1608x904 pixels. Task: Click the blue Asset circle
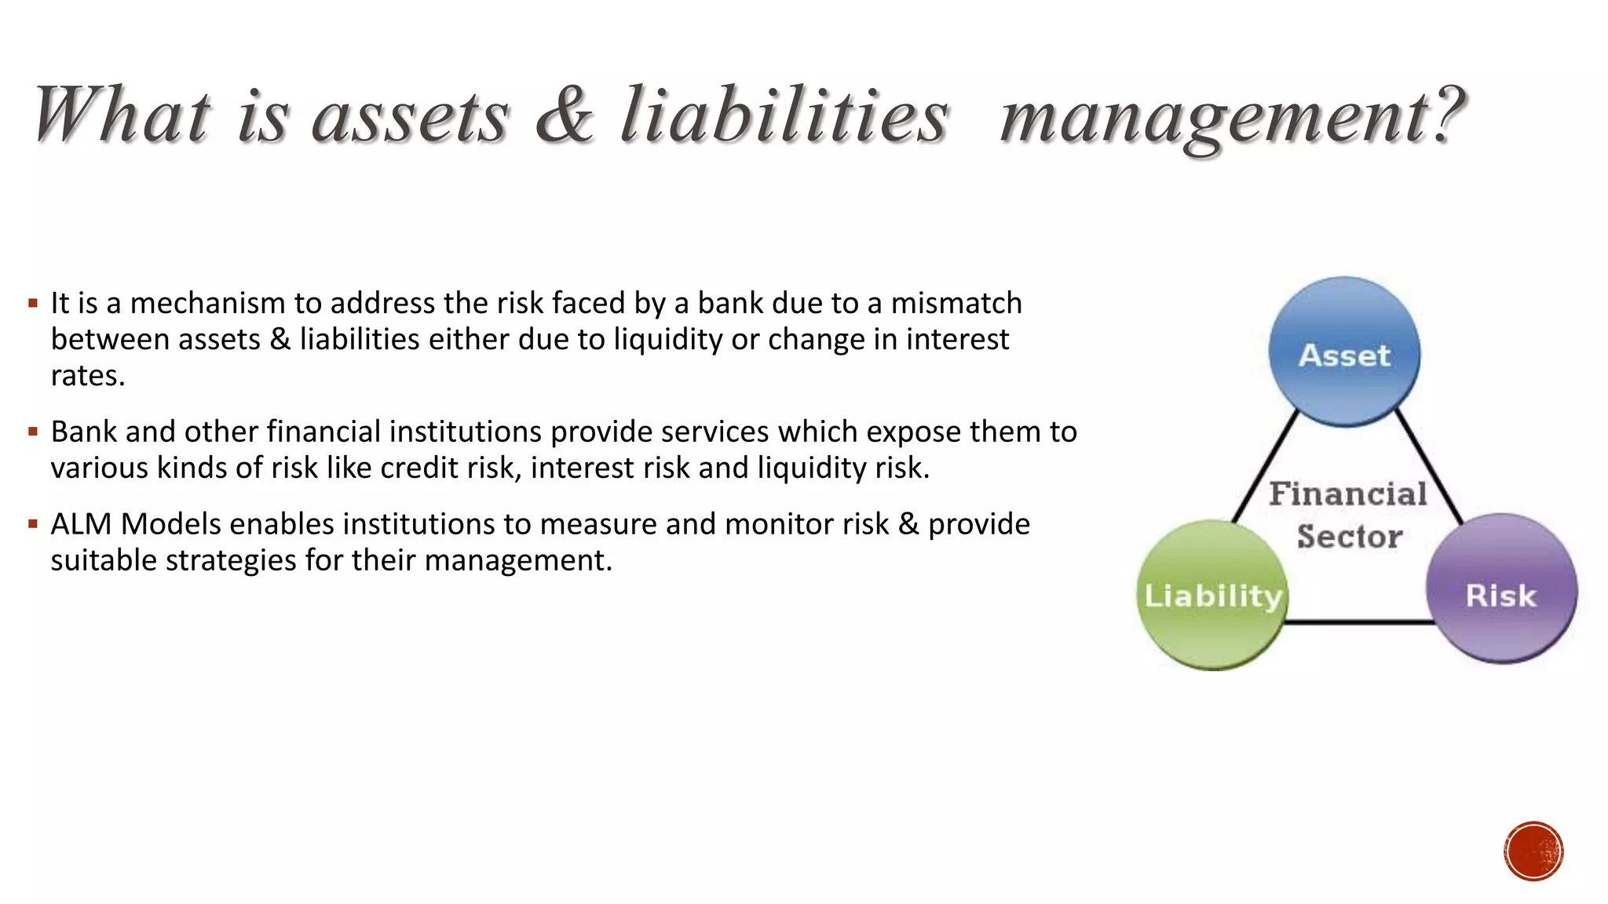pyautogui.click(x=1344, y=352)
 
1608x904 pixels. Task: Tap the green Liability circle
pyautogui.click(x=1212, y=595)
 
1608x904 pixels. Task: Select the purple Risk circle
pyautogui.click(x=1501, y=589)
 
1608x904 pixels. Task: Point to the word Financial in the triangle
pyautogui.click(x=1348, y=494)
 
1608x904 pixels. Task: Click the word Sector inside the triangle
pyautogui.click(x=1350, y=537)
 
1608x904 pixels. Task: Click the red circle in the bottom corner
pyautogui.click(x=1533, y=851)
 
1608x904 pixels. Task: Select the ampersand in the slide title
pyautogui.click(x=565, y=115)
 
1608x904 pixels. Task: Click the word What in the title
pyautogui.click(x=122, y=115)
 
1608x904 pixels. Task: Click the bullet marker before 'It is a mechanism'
pyautogui.click(x=33, y=303)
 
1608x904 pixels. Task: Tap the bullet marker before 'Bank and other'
pyautogui.click(x=33, y=432)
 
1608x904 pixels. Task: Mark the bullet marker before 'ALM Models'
pyautogui.click(x=33, y=523)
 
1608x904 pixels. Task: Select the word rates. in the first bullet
pyautogui.click(x=88, y=376)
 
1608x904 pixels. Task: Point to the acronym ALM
pyautogui.click(x=81, y=523)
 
